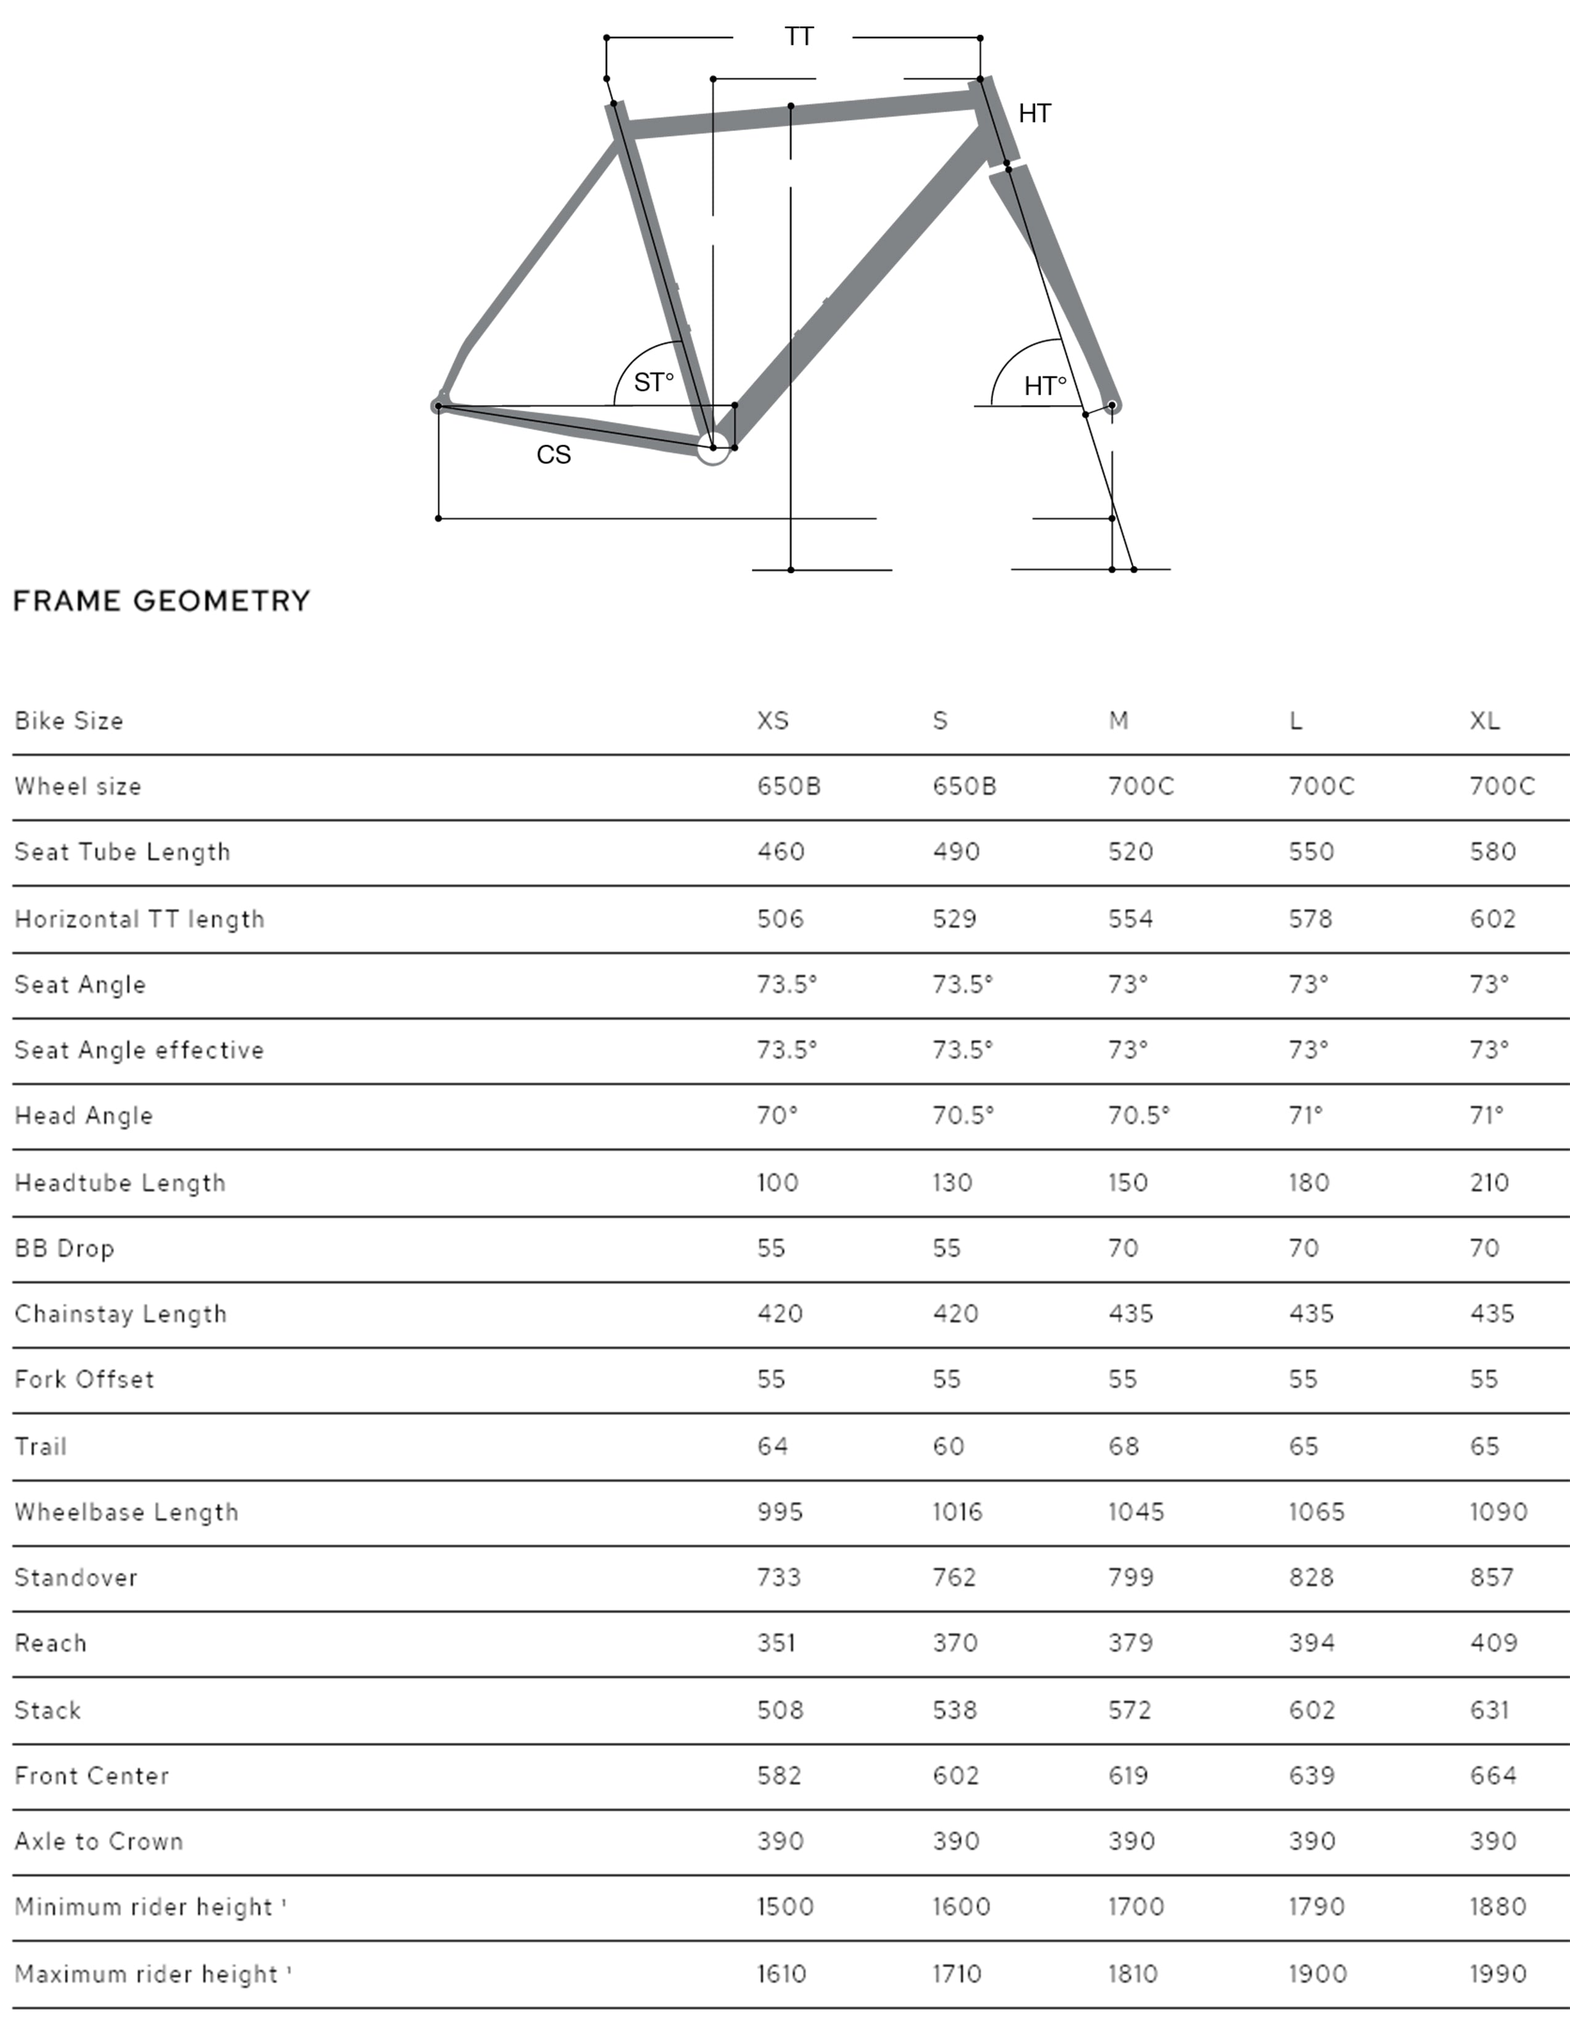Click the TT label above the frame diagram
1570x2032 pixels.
point(799,37)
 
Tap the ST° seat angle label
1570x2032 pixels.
point(653,382)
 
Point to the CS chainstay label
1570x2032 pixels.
point(554,455)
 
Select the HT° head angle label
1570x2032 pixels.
point(1044,386)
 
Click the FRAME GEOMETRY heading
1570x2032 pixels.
point(162,601)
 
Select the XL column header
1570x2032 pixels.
point(1484,721)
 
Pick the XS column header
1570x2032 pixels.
point(773,721)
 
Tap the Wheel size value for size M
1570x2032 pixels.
point(1140,787)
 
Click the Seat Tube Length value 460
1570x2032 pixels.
point(780,852)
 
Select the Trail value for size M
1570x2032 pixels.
point(1124,1447)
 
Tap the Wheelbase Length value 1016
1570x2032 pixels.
point(957,1512)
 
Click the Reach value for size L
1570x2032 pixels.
point(1311,1643)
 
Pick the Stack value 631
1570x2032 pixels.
point(1489,1710)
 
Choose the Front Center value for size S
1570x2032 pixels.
point(955,1776)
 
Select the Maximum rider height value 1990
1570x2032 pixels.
point(1497,1974)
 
